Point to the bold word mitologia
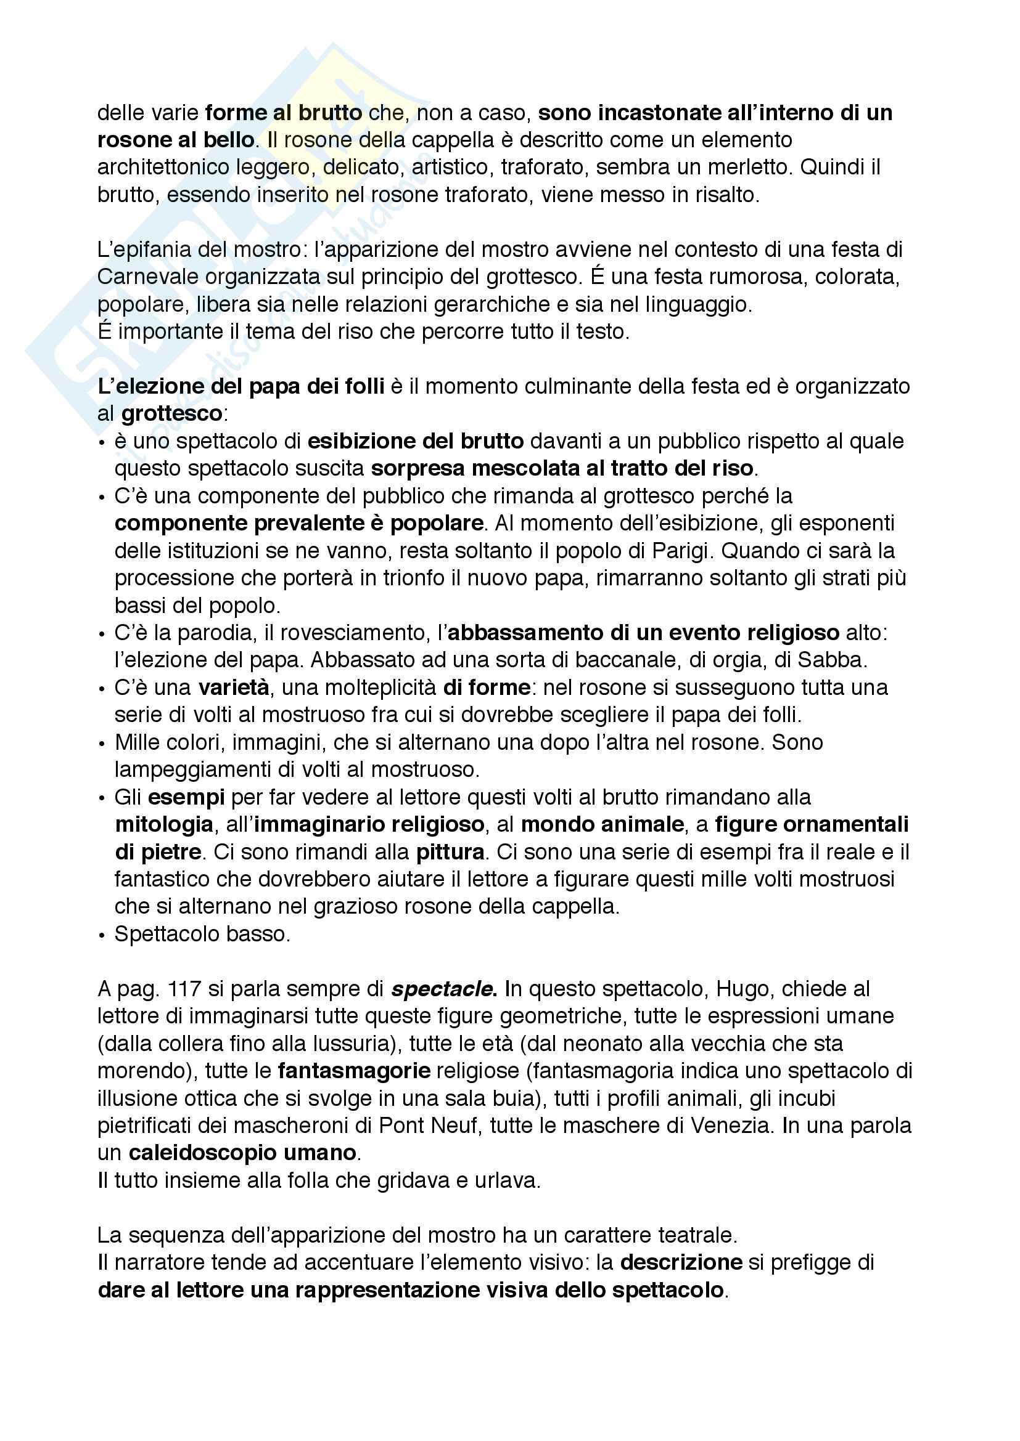(164, 824)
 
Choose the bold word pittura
(450, 851)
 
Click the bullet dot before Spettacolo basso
(102, 935)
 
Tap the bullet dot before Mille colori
(102, 743)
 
